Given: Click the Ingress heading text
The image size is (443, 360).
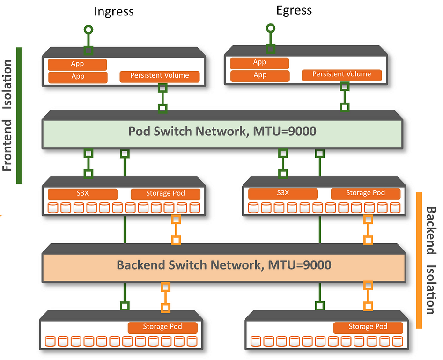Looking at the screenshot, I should click(114, 12).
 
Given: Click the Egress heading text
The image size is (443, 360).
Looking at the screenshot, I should click(294, 10).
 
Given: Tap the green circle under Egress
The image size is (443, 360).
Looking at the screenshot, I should click(270, 29).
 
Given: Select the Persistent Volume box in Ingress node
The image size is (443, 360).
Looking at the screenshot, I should click(160, 76).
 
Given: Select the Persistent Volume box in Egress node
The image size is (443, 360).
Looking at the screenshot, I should click(341, 74).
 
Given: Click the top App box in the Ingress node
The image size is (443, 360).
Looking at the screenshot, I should click(78, 64).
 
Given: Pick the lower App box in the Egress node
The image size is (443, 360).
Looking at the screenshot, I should click(259, 75).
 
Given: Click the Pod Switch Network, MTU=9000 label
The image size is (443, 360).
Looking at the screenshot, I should click(222, 132).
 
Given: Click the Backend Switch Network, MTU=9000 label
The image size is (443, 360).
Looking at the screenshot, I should click(224, 265).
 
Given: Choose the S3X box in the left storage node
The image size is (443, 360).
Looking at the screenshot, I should click(82, 194).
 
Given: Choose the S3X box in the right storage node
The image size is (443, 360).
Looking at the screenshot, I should click(283, 193).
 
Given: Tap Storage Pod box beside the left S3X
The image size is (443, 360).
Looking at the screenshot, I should click(165, 194).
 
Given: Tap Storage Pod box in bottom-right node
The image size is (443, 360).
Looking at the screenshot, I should click(368, 327).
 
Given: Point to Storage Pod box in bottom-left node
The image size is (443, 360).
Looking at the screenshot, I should click(162, 327).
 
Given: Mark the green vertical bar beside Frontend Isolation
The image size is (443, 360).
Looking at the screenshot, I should click(19, 115).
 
